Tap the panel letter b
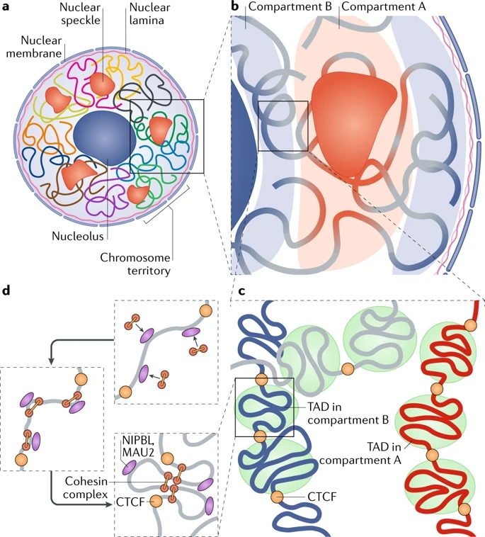click(x=236, y=9)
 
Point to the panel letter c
click(x=242, y=290)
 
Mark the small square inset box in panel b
click(x=283, y=125)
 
